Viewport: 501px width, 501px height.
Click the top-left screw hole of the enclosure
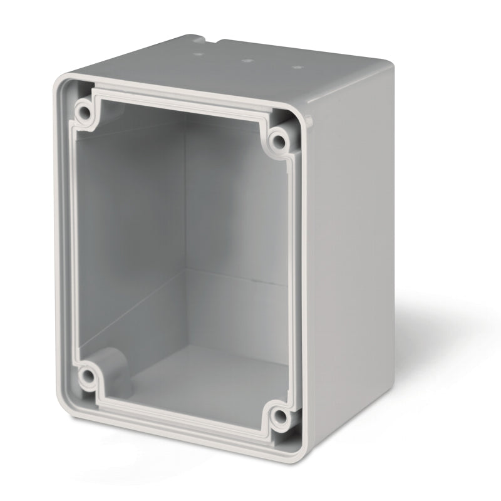(x=83, y=112)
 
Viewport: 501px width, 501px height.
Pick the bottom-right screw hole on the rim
(x=280, y=415)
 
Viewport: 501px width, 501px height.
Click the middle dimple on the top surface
(x=246, y=61)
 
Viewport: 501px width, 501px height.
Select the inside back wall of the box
(x=238, y=207)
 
